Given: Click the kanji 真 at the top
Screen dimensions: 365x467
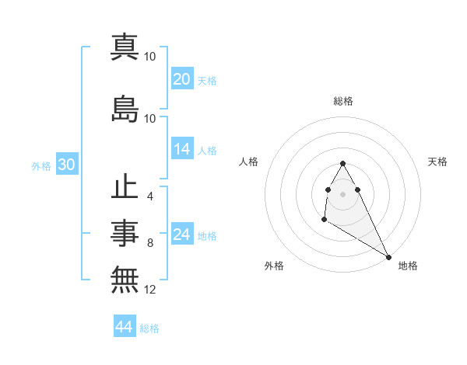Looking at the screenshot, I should coord(125,47).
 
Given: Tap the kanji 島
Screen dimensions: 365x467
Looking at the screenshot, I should coord(125,109).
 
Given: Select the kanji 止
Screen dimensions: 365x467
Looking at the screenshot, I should coord(125,189).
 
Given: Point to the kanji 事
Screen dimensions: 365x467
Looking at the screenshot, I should coord(125,232).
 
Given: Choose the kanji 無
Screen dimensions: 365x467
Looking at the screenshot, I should coord(125,277).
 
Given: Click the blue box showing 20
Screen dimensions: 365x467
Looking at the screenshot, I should coord(182,79).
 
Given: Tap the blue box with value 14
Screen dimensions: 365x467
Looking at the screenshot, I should coord(182,150).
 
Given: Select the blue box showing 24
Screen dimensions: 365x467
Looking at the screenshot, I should coord(182,235).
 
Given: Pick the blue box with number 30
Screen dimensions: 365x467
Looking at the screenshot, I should coord(66,165).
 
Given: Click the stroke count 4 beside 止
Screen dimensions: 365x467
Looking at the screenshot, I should coord(149,196).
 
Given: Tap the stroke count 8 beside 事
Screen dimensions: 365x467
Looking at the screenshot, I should coord(149,243).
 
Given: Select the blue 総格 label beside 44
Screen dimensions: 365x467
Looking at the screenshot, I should coord(150,328).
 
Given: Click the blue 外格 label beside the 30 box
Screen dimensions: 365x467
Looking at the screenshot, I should coord(41,166).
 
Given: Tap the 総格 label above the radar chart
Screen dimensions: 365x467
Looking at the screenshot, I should coord(343,101).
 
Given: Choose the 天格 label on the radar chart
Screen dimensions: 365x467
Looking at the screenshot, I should coord(437,162).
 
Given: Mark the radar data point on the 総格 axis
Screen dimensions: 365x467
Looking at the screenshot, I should coord(343,163).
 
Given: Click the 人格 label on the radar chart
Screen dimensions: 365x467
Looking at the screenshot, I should coord(249,162).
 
